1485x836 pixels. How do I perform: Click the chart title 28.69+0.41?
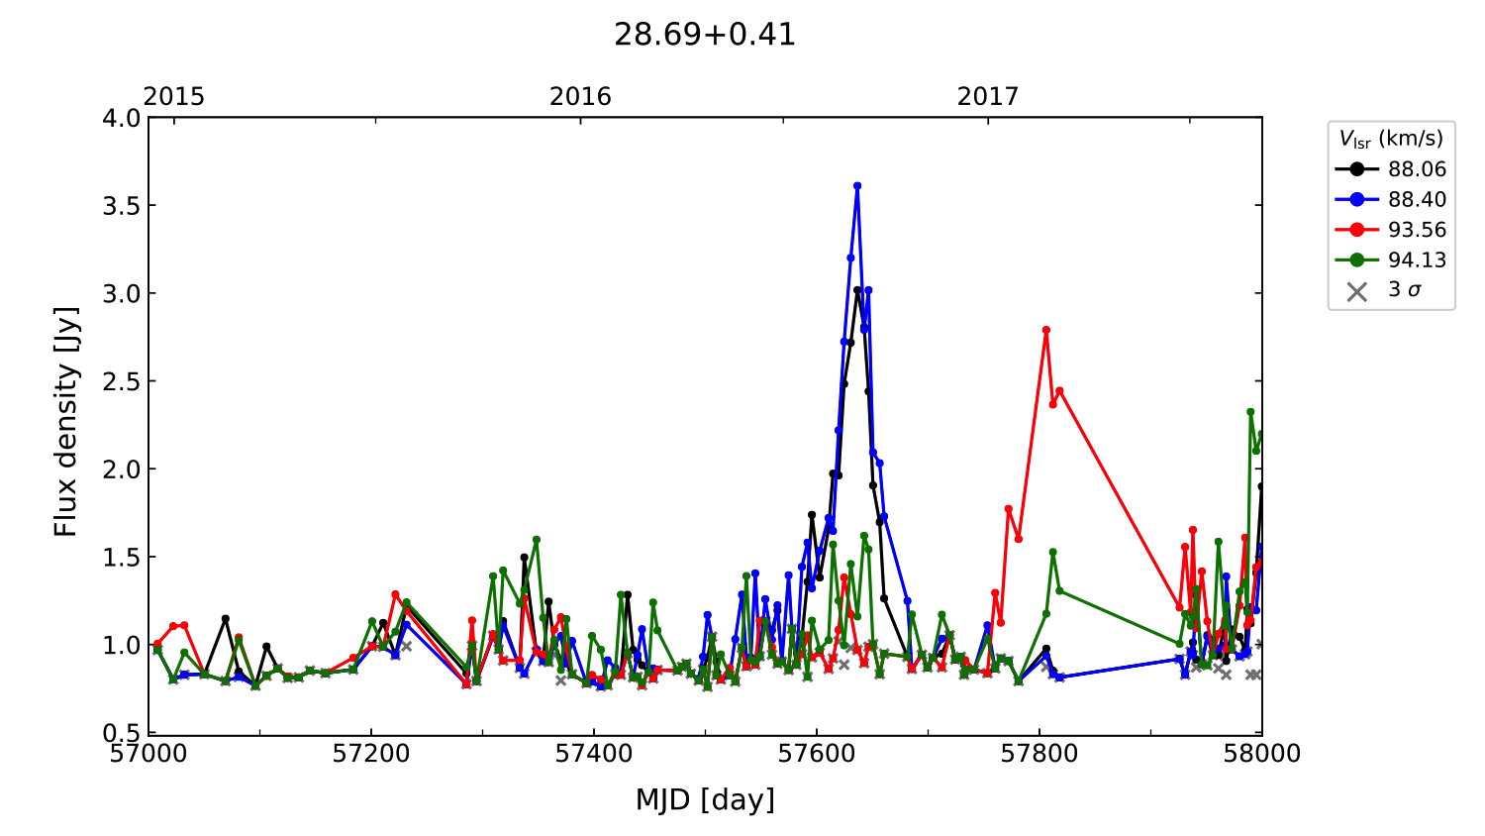[704, 35]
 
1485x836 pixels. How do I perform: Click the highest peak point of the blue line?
[857, 185]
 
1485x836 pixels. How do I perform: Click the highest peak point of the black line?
[857, 290]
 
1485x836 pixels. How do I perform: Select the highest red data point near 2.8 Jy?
[1045, 330]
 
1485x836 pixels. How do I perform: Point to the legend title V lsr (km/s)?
[1391, 139]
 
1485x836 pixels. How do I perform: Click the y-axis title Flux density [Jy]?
[65, 422]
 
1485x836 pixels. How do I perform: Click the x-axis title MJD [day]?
[705, 799]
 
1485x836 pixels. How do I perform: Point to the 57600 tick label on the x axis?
[817, 754]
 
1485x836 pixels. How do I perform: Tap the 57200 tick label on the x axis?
[371, 754]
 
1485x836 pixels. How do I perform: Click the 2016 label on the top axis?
[580, 96]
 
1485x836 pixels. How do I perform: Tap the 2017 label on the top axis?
[987, 96]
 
